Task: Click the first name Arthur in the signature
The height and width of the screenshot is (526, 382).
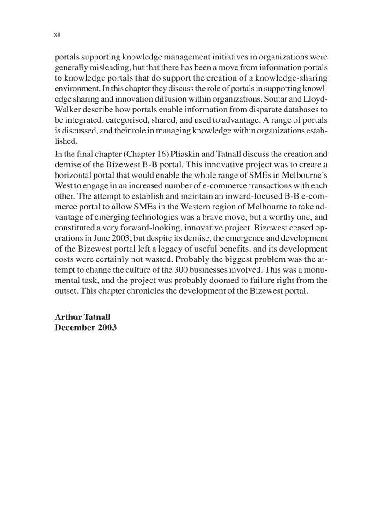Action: [x=68, y=317]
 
